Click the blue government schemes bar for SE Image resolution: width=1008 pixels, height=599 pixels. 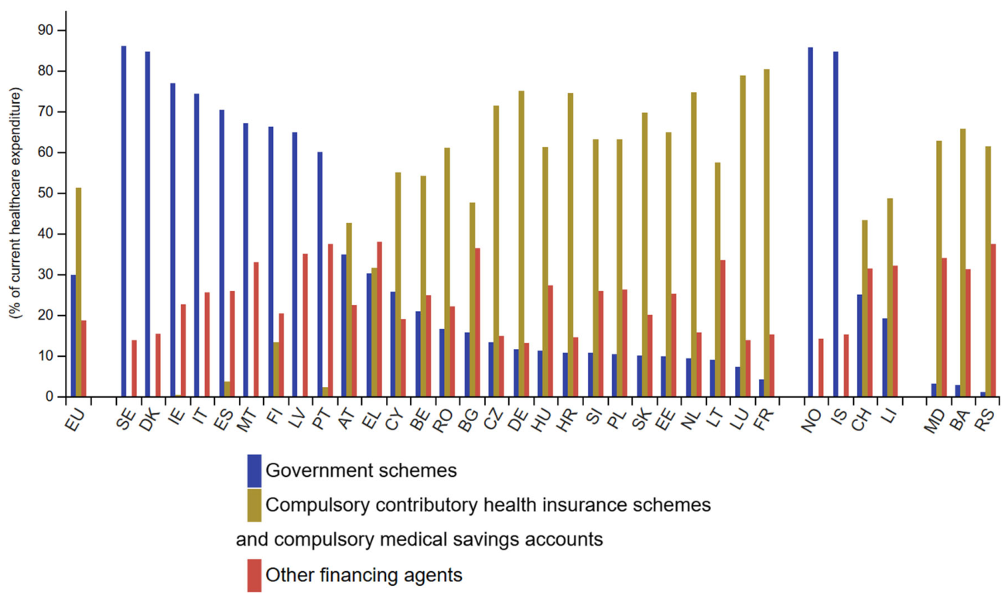[x=124, y=221]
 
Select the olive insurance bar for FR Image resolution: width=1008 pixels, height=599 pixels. [x=767, y=233]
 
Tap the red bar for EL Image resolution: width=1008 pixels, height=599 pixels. [x=379, y=319]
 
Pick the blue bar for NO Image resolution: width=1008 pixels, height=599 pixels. [x=811, y=222]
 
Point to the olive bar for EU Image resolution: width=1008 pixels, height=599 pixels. [x=78, y=292]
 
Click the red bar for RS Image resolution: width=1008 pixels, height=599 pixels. [x=993, y=320]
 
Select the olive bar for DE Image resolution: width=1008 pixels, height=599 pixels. [x=521, y=244]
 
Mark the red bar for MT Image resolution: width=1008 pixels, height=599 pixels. [x=256, y=330]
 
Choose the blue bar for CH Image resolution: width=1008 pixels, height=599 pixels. [x=859, y=346]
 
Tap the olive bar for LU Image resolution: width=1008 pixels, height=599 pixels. [x=743, y=236]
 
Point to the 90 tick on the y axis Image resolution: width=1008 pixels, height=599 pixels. [x=62, y=31]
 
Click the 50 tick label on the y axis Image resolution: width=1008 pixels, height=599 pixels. [x=46, y=193]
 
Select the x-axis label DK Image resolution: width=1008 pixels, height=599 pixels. [x=151, y=421]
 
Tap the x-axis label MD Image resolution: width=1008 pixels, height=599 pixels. [x=935, y=422]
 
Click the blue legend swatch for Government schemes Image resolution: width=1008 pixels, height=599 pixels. [x=255, y=471]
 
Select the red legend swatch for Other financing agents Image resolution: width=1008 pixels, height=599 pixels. [x=255, y=575]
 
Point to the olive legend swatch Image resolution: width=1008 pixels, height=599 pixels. [x=255, y=505]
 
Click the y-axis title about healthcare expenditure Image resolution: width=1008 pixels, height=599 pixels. [x=15, y=204]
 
